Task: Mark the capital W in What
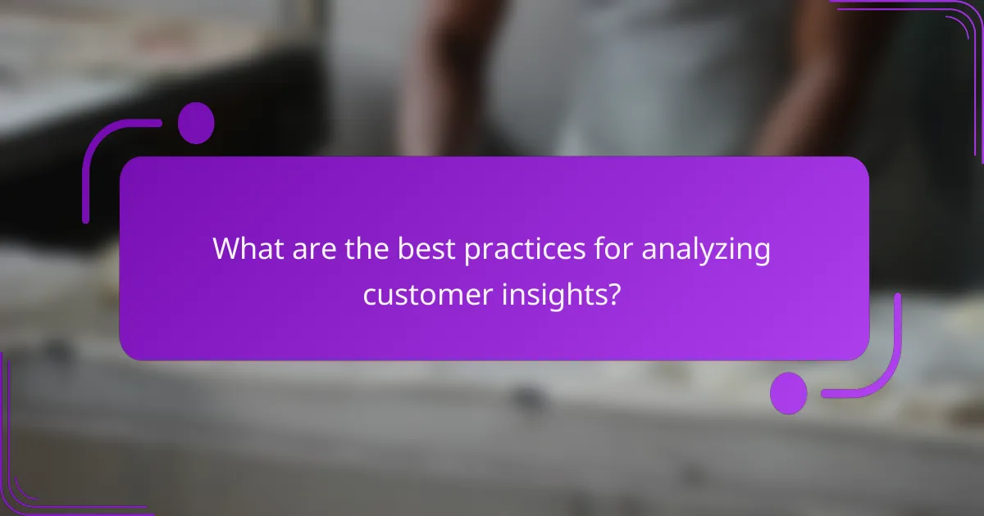tap(225, 249)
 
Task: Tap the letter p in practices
tap(471, 251)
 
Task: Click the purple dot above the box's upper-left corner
tap(196, 124)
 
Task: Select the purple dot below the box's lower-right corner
tap(789, 392)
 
